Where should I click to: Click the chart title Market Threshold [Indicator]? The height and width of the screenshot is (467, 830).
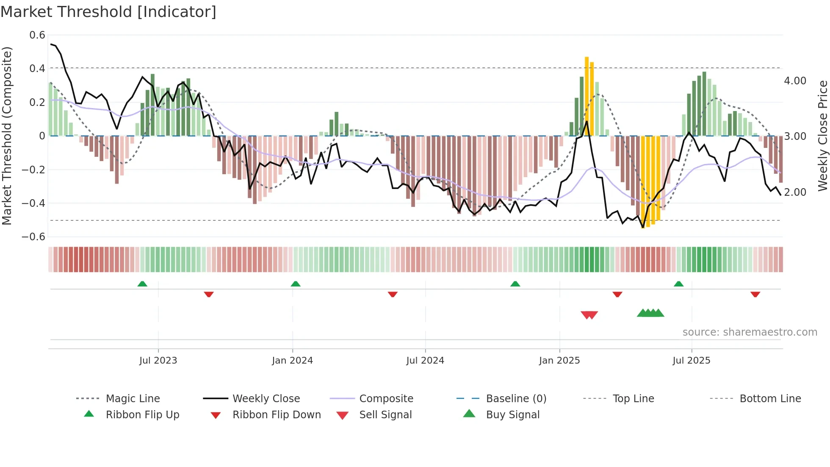108,12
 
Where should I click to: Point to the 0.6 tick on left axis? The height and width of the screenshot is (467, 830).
37,35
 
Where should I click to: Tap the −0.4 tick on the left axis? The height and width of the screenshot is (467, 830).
33,203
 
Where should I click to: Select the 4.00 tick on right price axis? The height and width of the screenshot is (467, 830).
795,81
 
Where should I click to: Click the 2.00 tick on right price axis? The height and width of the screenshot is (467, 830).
795,192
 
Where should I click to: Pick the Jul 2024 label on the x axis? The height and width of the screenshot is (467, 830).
425,361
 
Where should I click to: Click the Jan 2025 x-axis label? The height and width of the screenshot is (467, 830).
559,361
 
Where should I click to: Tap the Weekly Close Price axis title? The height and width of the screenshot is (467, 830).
822,136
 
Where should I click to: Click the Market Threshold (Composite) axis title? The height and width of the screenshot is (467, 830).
7,136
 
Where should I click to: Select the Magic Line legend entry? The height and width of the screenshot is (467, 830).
133,399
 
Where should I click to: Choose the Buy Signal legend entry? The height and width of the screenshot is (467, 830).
512,415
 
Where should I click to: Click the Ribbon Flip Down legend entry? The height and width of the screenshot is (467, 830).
277,415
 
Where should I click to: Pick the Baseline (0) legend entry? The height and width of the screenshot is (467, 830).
516,399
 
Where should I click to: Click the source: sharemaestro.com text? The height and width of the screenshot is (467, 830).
750,332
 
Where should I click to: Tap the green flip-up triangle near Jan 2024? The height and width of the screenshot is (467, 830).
296,284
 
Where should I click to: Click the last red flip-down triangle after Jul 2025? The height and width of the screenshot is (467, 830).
755,294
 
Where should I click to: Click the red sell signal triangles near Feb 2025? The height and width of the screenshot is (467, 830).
589,315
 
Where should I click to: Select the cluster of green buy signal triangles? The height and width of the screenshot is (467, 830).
650,313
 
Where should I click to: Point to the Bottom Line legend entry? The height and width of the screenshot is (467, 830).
770,399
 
